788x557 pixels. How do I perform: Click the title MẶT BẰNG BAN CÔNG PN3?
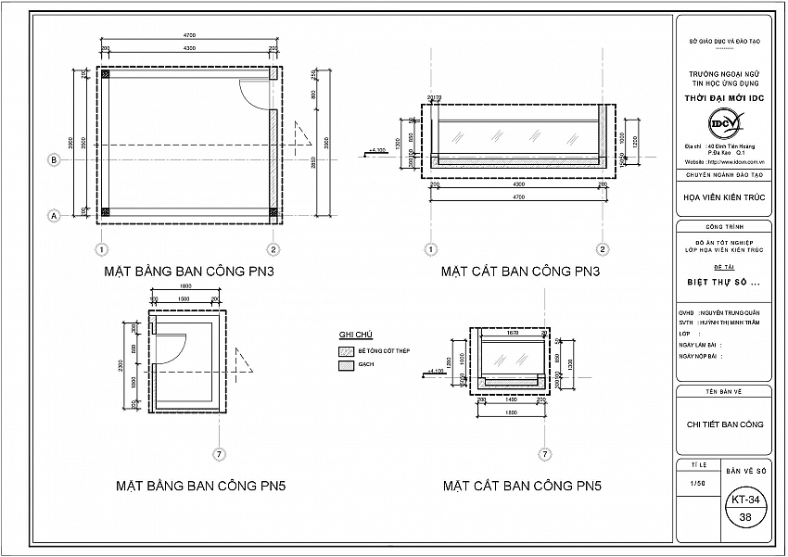tap(190, 272)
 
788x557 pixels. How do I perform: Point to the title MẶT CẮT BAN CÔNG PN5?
tap(522, 485)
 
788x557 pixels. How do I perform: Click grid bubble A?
tap(54, 215)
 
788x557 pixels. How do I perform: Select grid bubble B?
tap(54, 159)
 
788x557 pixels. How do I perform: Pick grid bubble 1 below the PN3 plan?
tap(100, 248)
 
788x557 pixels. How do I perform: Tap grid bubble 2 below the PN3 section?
tap(603, 248)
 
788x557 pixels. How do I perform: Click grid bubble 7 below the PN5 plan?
tap(220, 454)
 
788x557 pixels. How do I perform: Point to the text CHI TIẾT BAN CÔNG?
tap(725, 424)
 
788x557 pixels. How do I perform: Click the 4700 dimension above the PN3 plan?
tap(189, 36)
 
